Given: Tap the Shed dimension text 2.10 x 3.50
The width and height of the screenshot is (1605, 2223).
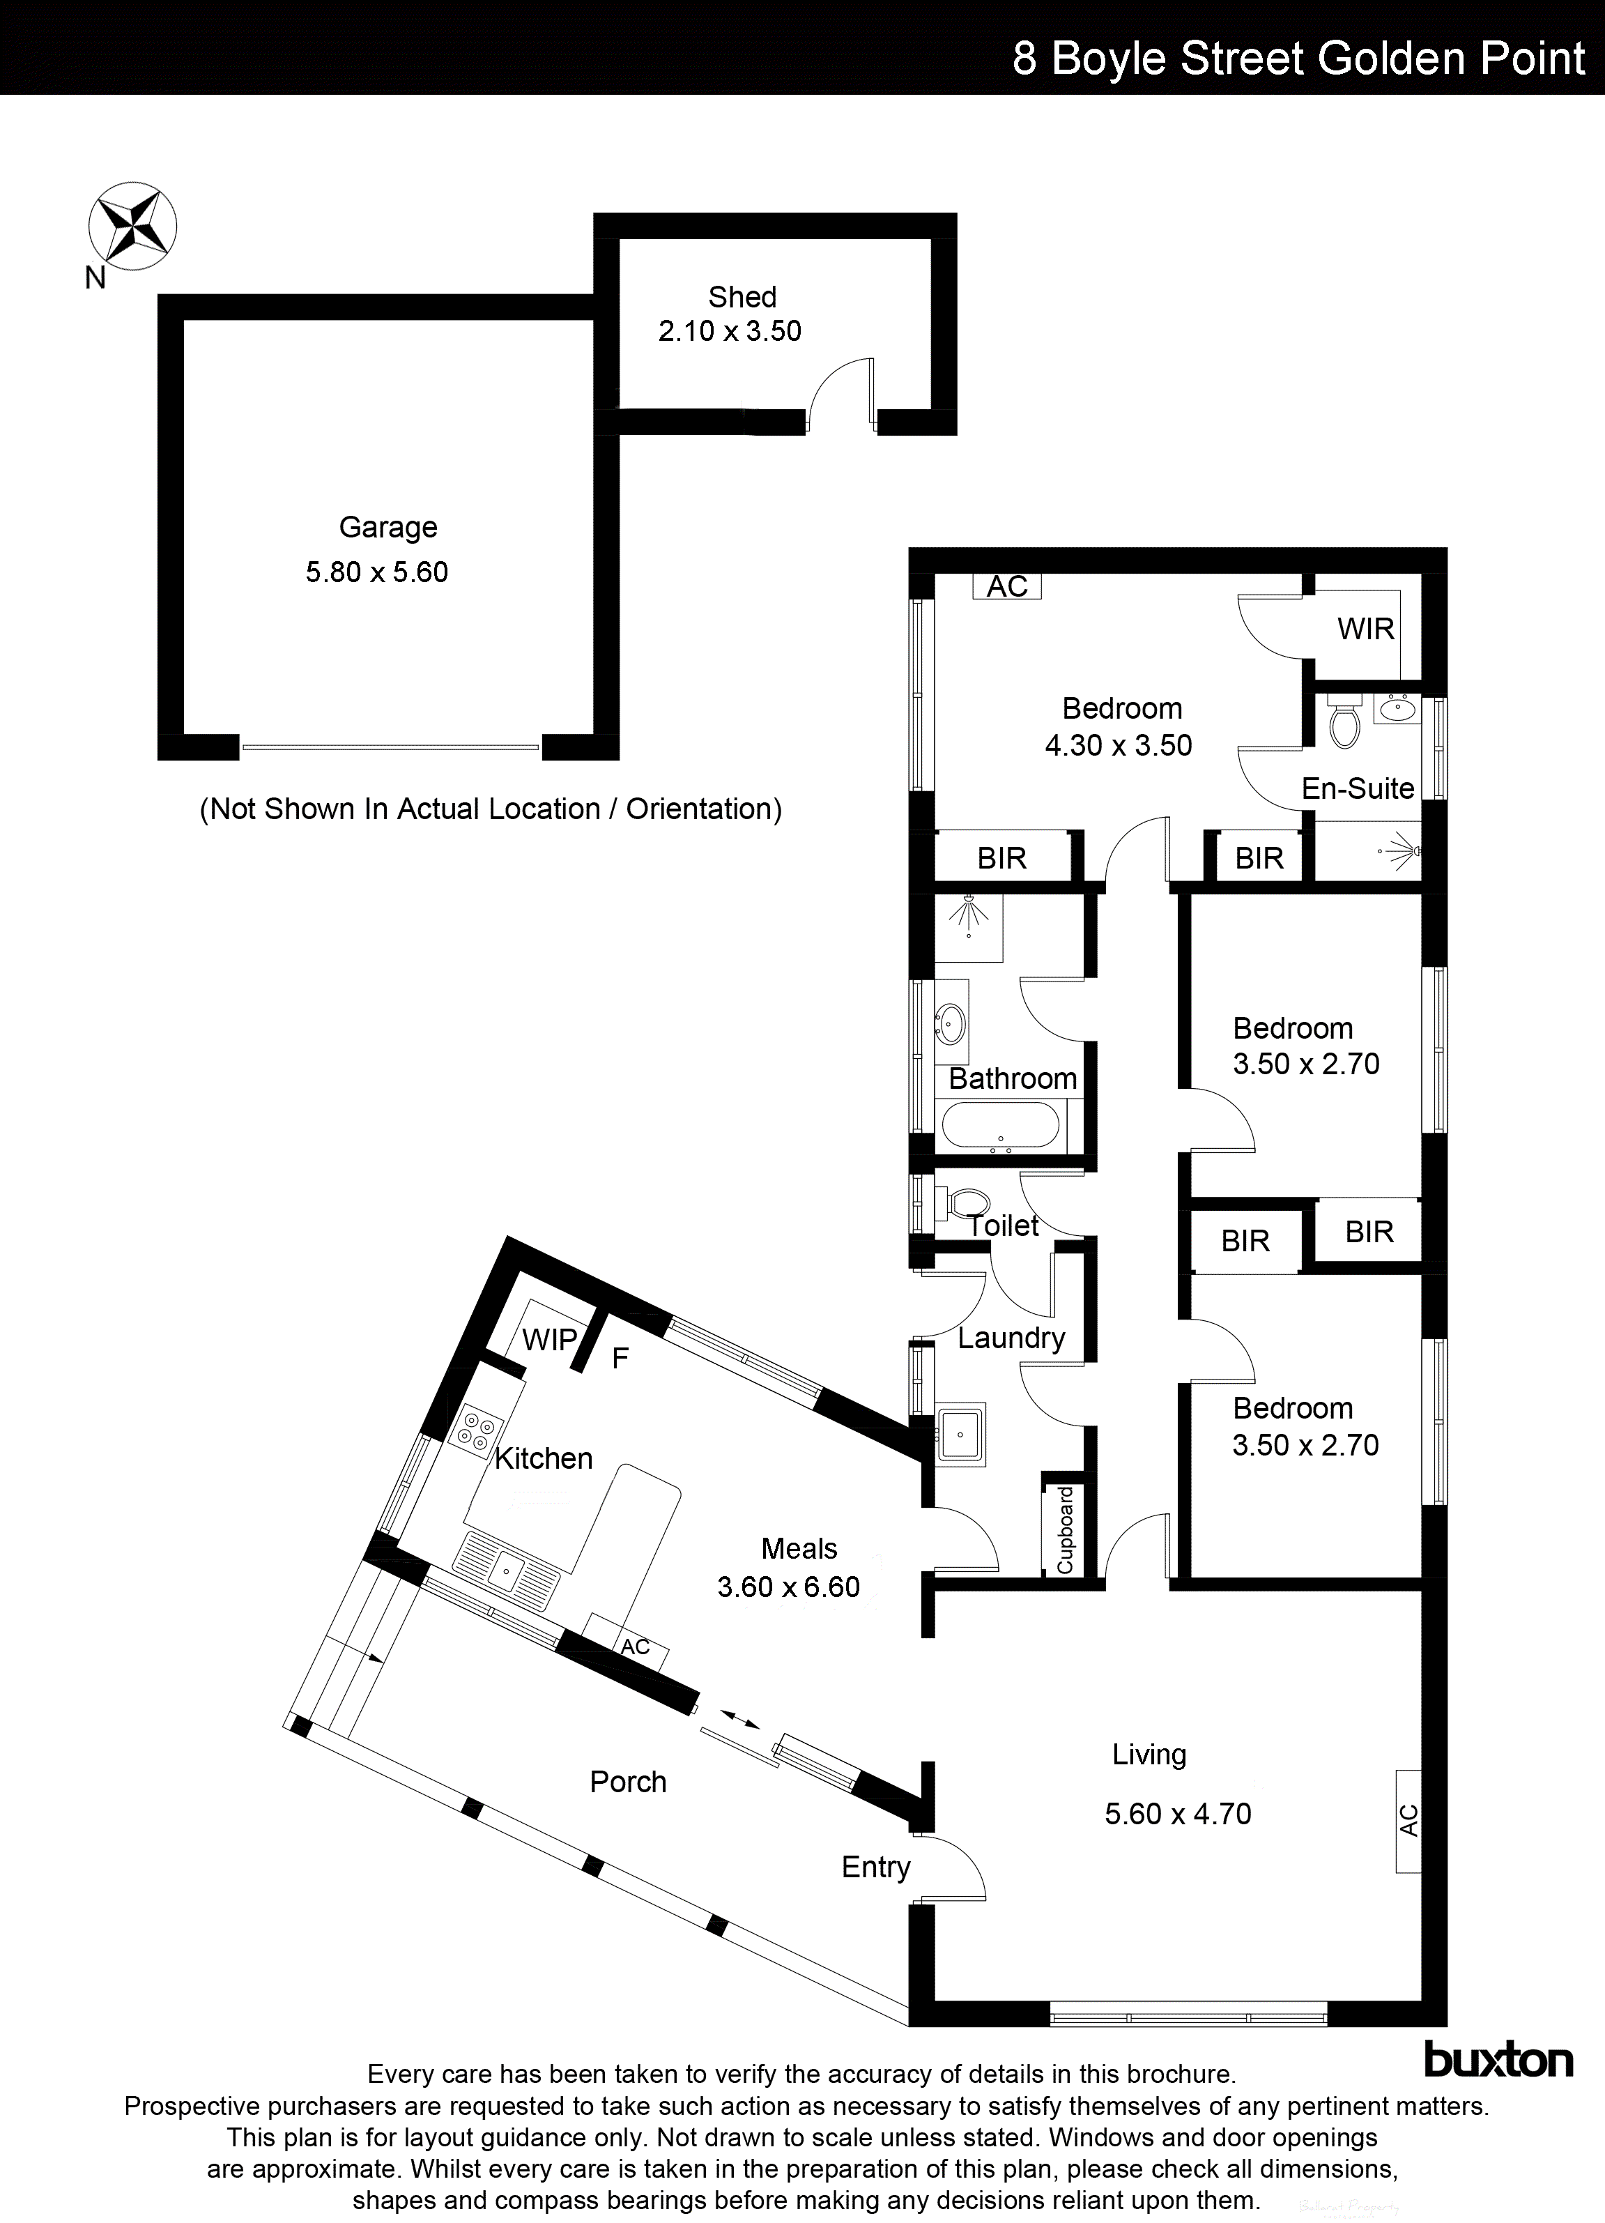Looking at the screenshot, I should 729,331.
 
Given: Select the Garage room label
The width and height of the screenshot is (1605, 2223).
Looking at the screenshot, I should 388,527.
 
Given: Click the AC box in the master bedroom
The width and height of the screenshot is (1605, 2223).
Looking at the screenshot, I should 1006,586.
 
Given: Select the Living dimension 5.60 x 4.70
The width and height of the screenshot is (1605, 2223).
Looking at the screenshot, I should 1178,1813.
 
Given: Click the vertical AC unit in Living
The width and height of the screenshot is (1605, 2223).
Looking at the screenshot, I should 1408,1820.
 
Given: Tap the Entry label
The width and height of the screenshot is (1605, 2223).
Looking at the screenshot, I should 875,1867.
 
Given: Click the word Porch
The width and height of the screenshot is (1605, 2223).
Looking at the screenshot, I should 628,1782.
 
